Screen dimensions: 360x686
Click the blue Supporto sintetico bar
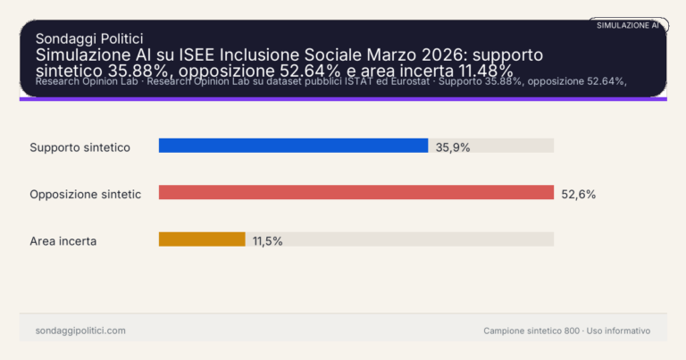tap(293, 146)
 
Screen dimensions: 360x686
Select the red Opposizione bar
tap(356, 192)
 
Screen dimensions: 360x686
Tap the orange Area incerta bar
tap(202, 239)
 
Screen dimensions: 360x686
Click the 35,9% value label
tap(453, 147)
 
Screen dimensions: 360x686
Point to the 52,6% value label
tap(578, 194)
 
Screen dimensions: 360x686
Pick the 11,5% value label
tap(267, 241)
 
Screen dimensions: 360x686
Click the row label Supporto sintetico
tap(80, 147)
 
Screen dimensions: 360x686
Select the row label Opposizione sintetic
tap(85, 194)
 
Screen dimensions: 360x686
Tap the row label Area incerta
tap(63, 241)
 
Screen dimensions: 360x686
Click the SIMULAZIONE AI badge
tap(628, 25)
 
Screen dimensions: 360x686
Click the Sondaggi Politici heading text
tap(88, 38)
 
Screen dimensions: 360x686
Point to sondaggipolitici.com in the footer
tap(80, 331)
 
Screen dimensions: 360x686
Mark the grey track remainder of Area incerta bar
tap(402, 239)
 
